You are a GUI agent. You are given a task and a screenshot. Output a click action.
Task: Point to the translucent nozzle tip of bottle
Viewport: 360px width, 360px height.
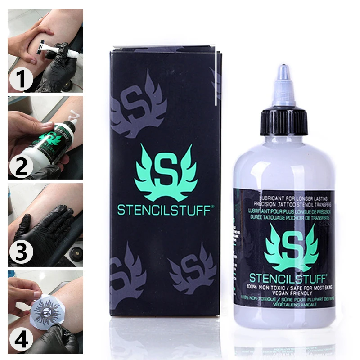pos(283,76)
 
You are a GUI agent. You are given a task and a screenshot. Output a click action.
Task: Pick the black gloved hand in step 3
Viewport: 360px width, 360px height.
pos(43,229)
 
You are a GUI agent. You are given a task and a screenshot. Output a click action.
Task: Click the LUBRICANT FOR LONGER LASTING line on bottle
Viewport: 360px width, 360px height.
pos(283,198)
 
